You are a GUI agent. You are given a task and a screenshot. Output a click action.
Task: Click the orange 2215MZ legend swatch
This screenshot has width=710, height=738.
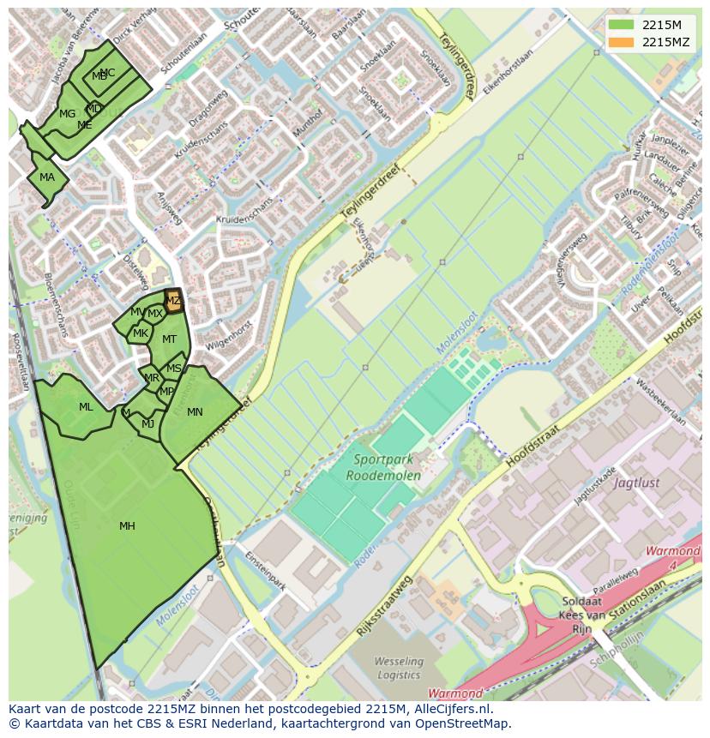coord(622,42)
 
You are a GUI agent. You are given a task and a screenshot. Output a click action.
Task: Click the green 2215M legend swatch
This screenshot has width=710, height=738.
coord(622,25)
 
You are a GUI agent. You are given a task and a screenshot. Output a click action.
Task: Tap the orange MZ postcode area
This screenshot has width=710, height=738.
coord(173,301)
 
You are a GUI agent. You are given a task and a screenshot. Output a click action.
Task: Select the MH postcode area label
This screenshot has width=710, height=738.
coord(127,526)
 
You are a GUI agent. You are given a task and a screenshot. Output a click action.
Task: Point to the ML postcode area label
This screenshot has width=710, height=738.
coord(86,407)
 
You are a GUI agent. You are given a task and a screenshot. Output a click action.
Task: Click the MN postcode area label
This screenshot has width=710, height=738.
coord(195,412)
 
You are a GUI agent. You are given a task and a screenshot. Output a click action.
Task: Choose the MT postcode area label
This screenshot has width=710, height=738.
coord(169,339)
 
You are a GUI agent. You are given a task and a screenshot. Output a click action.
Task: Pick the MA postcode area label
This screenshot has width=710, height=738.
coord(47,178)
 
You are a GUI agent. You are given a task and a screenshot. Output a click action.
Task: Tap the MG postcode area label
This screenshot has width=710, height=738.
coord(67,114)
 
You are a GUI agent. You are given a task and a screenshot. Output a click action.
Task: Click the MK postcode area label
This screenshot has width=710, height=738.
coord(141,333)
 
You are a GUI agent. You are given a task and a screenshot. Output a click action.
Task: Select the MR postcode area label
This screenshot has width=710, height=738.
coord(152,378)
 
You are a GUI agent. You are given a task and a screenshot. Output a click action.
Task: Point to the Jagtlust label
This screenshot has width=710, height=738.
coord(637,483)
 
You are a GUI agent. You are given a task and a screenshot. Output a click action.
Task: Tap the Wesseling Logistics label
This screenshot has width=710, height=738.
coord(399,669)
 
